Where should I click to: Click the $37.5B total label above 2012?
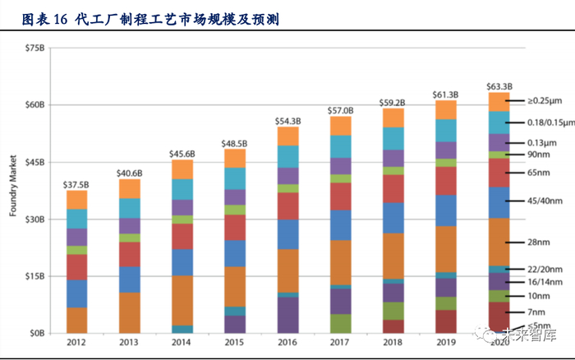point(76,183)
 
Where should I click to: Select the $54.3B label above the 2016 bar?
point(287,121)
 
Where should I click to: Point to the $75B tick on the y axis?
point(35,48)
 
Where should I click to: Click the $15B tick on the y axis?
point(35,276)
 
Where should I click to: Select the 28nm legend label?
point(539,242)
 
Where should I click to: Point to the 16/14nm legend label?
point(545,281)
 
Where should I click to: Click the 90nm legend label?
point(539,154)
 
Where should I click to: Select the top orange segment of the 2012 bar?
point(77,199)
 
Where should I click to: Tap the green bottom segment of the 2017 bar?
point(340,324)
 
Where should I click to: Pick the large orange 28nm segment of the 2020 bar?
point(499,242)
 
